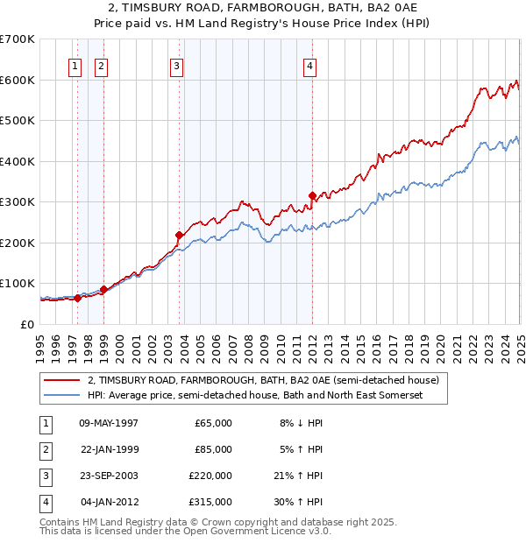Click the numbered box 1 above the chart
[x=75, y=65]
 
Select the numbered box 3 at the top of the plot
[x=176, y=65]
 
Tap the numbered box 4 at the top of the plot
[x=310, y=65]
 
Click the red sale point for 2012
[x=312, y=195]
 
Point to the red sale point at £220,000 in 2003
[x=180, y=235]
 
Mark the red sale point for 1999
[x=103, y=289]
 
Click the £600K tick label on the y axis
[x=18, y=80]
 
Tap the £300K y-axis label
[x=18, y=201]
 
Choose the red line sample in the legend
[x=61, y=380]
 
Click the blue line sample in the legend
[x=61, y=396]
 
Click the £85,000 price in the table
[x=213, y=449]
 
